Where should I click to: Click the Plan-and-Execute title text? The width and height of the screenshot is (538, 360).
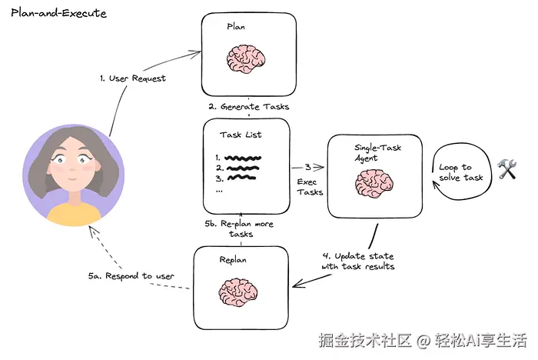[x=58, y=14]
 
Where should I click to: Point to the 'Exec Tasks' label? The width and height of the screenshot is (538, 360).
[x=310, y=187]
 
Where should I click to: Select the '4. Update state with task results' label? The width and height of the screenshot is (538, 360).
[x=357, y=261]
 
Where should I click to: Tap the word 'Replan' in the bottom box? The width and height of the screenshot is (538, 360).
[x=234, y=260]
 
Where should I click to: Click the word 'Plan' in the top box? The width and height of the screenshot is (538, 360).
[x=236, y=26]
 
